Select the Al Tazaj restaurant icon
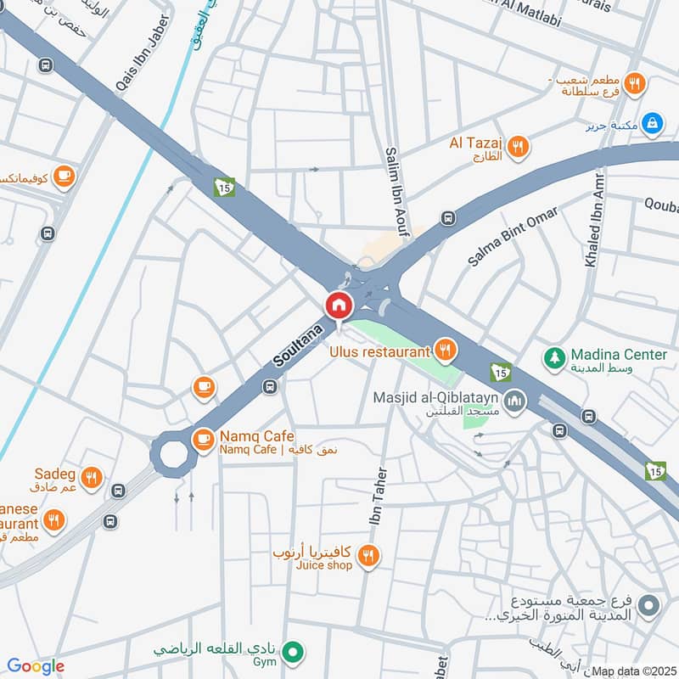pos(518,147)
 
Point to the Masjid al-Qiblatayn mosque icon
pos(513,400)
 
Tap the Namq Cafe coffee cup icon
pos(203,439)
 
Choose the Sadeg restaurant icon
pos(93,478)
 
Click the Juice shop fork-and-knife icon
pos(368,556)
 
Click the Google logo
pos(35,666)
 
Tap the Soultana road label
pos(299,345)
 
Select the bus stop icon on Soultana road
pos(270,388)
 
